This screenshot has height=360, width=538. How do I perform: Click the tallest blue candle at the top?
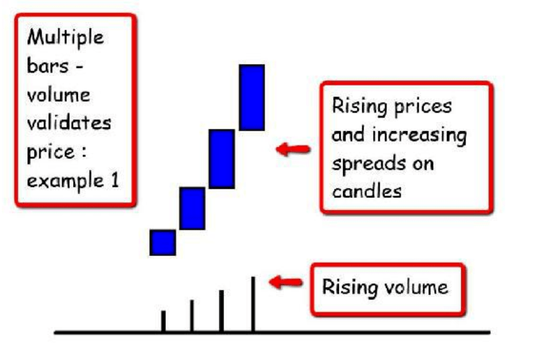pos(252,98)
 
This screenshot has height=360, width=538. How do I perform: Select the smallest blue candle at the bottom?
pos(163,242)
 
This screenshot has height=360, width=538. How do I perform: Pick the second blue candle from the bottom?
pos(192,208)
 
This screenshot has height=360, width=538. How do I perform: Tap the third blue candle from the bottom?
pos(221,159)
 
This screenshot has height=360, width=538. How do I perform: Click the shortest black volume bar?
pos(163,321)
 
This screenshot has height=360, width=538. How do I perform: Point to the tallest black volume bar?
pos(253,304)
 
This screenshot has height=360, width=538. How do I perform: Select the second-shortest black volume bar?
pos(192,316)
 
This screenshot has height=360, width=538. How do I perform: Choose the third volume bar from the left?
pos(221,311)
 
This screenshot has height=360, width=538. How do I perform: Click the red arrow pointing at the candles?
pos(293,149)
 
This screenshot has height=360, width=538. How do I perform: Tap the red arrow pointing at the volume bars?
pos(286,282)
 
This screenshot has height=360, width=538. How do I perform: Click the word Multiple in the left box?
pos(65,38)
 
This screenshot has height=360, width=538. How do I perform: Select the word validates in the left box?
pos(69,122)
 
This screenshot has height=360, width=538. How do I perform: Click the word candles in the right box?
pos(367,191)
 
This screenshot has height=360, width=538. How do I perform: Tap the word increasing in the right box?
pos(419,135)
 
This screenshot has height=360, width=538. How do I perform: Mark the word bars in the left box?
pos(48,66)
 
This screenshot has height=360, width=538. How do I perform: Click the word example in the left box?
pos(65,181)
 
